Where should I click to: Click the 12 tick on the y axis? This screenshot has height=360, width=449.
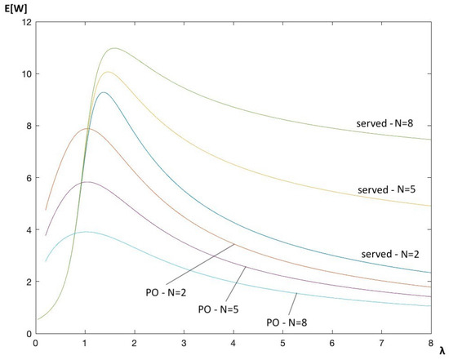[26, 22]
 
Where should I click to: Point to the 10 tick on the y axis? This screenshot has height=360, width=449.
[26, 74]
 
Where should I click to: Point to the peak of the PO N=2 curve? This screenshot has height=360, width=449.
[87, 129]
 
